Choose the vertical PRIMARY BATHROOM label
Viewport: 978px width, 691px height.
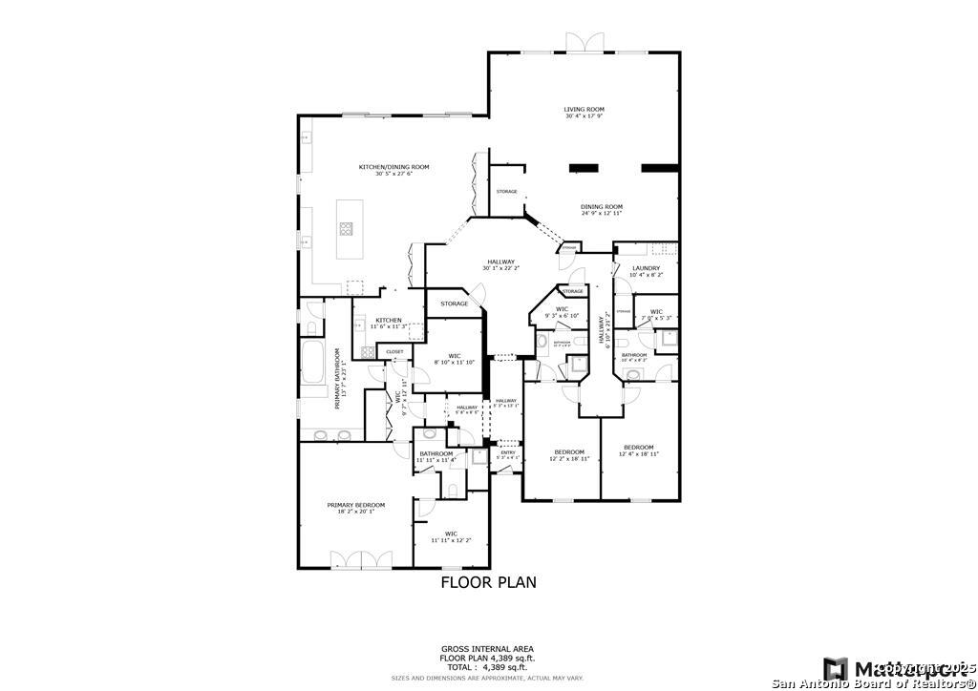[337, 378]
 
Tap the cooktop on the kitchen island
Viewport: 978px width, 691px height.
[346, 228]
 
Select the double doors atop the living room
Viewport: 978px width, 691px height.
[585, 42]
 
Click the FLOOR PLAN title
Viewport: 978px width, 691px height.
[488, 581]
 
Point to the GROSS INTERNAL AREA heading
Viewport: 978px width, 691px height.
[488, 648]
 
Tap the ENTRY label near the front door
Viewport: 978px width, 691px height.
[507, 453]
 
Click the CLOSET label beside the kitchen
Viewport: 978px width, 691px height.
[394, 351]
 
